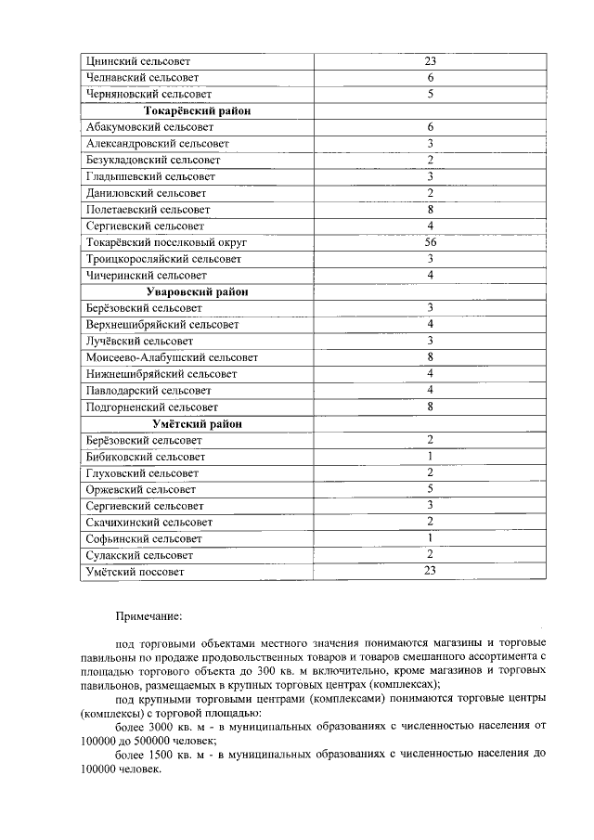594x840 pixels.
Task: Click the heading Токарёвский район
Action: [196, 111]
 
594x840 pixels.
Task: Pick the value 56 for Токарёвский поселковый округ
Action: [431, 242]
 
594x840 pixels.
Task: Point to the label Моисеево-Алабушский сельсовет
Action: [172, 357]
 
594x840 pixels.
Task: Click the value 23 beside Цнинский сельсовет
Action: [431, 61]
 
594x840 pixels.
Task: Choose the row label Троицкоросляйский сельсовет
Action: [163, 259]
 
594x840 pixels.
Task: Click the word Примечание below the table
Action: [148, 615]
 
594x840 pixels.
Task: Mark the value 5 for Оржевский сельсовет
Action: [431, 489]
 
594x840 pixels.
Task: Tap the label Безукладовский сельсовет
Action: [152, 161]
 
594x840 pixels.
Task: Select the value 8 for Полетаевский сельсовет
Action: [431, 210]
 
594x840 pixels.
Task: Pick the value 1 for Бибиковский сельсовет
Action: [431, 457]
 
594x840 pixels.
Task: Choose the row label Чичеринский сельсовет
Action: [145, 276]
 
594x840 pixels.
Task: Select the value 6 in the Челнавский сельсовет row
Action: [431, 78]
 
